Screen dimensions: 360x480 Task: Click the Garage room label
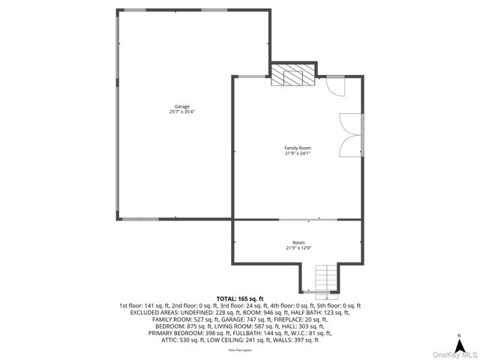[181, 106]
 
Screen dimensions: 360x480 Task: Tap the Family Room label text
[297, 148]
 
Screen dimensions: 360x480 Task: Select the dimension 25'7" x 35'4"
[181, 112]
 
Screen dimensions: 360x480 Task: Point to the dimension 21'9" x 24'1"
[297, 154]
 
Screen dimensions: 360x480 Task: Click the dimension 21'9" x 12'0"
[298, 248]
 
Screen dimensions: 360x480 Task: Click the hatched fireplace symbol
[293, 75]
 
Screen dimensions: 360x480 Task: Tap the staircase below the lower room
[324, 279]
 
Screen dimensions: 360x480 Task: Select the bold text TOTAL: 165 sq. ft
[240, 298]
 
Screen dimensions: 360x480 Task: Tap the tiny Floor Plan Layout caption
[240, 350]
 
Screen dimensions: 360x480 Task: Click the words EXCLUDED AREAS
[154, 313]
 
